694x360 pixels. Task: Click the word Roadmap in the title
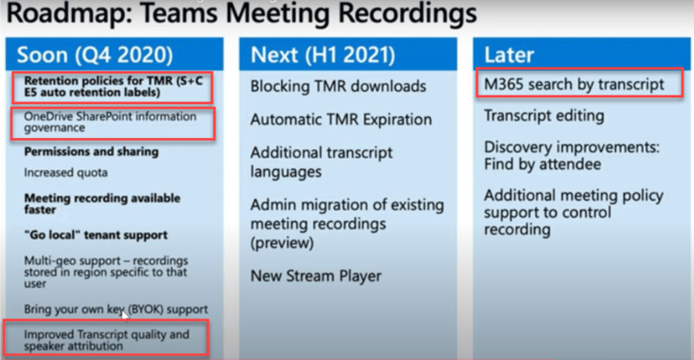pyautogui.click(x=69, y=12)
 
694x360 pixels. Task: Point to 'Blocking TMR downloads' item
pyautogui.click(x=338, y=87)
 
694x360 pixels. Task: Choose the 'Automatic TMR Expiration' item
pyautogui.click(x=341, y=120)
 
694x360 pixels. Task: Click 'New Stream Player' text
pyautogui.click(x=316, y=276)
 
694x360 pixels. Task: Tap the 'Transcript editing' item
pyautogui.click(x=544, y=115)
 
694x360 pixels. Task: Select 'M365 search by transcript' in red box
pyautogui.click(x=574, y=84)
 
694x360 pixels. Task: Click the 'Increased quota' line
pyautogui.click(x=66, y=173)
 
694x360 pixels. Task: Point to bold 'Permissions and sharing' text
pyautogui.click(x=91, y=152)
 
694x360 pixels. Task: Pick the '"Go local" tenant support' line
pyautogui.click(x=96, y=235)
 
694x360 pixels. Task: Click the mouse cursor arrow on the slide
pyautogui.click(x=125, y=314)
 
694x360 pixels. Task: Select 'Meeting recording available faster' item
pyautogui.click(x=102, y=204)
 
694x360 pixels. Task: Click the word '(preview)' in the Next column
pyautogui.click(x=283, y=243)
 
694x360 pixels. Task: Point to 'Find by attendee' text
pyautogui.click(x=543, y=164)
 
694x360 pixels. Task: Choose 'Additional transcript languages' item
pyautogui.click(x=321, y=162)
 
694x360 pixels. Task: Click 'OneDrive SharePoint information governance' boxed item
pyautogui.click(x=110, y=121)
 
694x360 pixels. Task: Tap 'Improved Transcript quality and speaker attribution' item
pyautogui.click(x=107, y=340)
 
